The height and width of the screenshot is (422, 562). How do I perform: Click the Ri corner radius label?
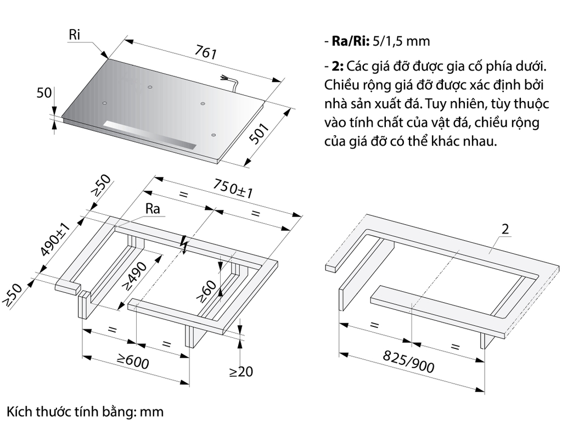(x=75, y=34)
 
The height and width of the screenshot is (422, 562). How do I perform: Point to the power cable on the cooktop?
(x=231, y=82)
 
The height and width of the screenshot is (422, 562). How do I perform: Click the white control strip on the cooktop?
(x=148, y=134)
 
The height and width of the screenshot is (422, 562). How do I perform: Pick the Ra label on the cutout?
(x=153, y=209)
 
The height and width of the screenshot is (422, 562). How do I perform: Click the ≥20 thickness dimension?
(x=241, y=372)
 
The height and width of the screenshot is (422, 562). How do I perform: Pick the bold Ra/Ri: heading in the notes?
(x=350, y=41)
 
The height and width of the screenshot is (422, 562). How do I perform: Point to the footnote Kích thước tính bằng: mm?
(x=85, y=411)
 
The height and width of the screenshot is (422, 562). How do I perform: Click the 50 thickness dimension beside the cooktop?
(x=44, y=93)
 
